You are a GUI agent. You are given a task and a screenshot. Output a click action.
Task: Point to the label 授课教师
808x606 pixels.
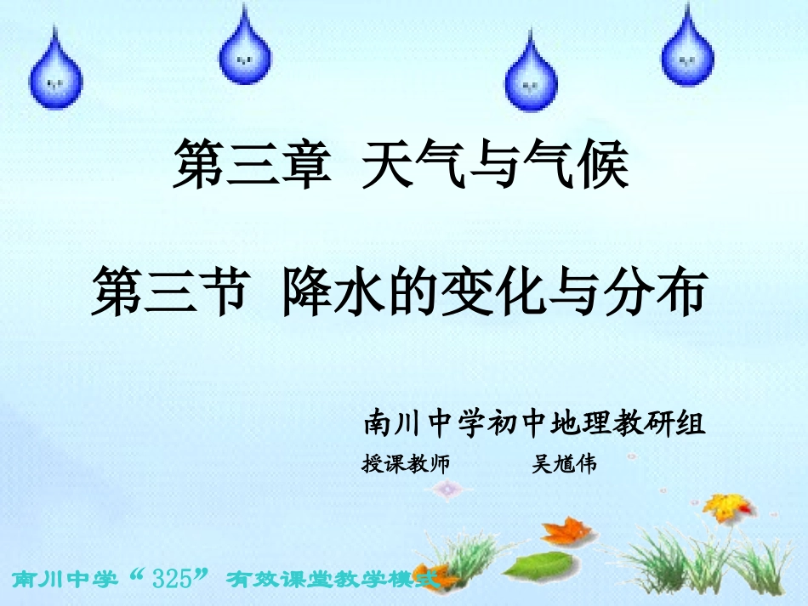pos(406,464)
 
